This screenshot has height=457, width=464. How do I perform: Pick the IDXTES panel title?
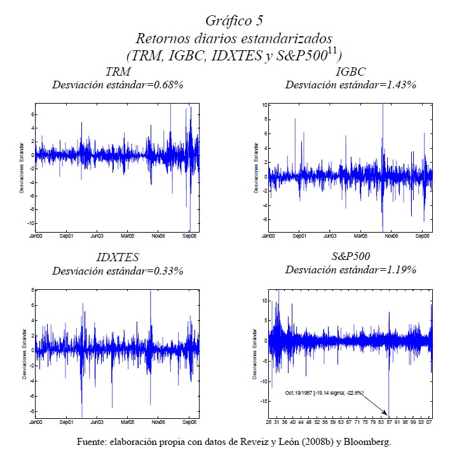click(x=118, y=258)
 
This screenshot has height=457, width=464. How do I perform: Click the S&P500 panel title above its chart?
click(x=350, y=258)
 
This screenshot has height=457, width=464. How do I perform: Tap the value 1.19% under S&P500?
click(x=400, y=271)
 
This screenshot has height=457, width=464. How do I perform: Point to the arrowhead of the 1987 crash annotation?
click(x=388, y=414)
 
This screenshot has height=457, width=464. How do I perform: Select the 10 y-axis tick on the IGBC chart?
click(x=263, y=104)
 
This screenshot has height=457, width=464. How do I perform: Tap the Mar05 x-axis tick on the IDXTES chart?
click(x=128, y=422)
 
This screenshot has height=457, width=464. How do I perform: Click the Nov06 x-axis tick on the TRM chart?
click(x=158, y=236)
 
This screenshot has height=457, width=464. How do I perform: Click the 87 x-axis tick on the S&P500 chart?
click(x=388, y=422)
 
